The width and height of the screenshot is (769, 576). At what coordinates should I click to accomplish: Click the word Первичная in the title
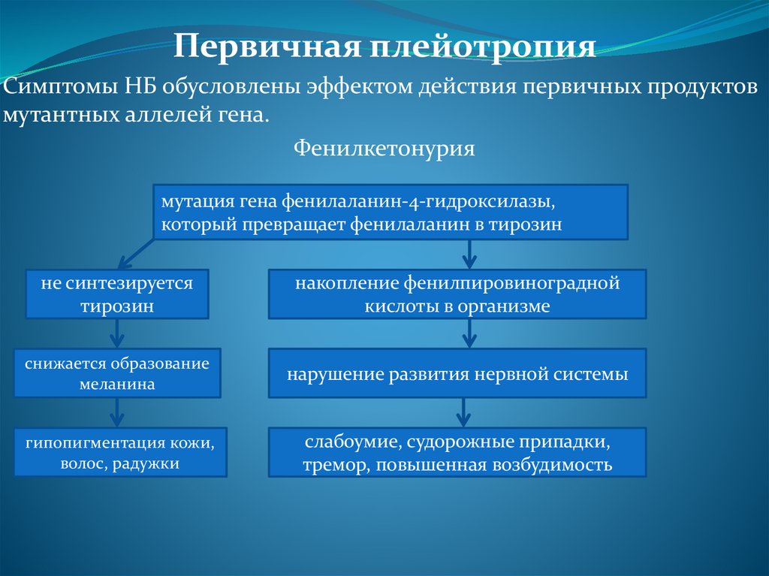click(x=268, y=47)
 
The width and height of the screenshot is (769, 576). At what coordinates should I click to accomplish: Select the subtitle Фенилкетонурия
click(x=384, y=148)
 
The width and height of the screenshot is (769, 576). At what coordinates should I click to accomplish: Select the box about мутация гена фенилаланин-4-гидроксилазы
click(x=391, y=212)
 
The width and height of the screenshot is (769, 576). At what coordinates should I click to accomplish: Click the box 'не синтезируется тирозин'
click(x=117, y=294)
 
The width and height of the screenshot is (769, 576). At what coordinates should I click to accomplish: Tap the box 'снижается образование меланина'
click(x=117, y=373)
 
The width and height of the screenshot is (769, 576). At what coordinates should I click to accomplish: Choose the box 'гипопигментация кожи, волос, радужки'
click(x=120, y=452)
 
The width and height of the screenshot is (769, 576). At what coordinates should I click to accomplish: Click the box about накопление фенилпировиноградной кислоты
click(x=457, y=294)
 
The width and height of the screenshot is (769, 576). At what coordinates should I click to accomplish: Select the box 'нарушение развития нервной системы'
click(x=457, y=373)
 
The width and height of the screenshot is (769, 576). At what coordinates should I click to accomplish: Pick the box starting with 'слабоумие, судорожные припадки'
click(x=457, y=452)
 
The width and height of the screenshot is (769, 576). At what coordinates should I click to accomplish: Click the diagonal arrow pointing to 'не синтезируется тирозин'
click(x=136, y=254)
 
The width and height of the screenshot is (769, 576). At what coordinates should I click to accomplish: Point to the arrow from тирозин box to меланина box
click(x=116, y=333)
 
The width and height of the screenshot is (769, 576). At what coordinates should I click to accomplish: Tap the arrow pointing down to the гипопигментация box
click(x=116, y=412)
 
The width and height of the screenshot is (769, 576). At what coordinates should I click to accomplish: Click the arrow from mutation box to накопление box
click(x=470, y=255)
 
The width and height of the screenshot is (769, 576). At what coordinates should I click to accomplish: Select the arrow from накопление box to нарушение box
click(x=470, y=333)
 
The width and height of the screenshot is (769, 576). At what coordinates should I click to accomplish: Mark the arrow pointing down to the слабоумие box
click(x=463, y=412)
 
